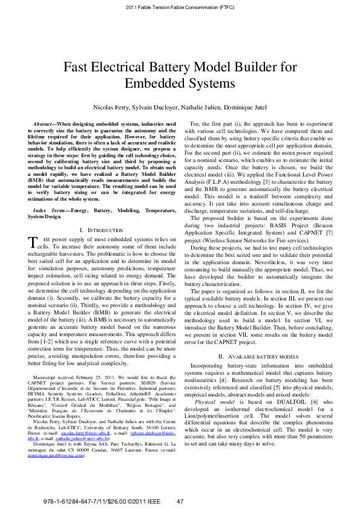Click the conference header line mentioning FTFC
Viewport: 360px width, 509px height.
coord(180,7)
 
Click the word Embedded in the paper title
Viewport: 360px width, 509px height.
coord(153,83)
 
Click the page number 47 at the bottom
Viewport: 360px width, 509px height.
coord(180,502)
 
